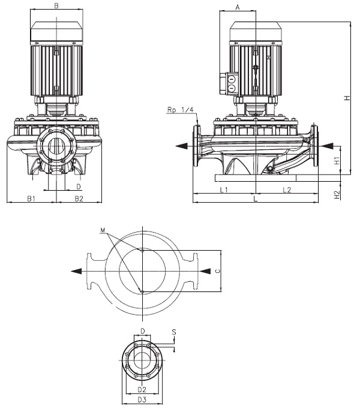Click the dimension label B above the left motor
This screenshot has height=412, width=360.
pyautogui.click(x=56, y=6)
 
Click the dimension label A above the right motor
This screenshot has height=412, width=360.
pyautogui.click(x=238, y=7)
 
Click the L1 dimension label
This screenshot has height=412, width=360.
pyautogui.click(x=223, y=190)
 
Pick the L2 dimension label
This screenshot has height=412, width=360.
pyautogui.click(x=286, y=190)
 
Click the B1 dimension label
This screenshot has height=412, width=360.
pyautogui.click(x=31, y=198)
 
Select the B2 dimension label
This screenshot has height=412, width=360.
pyautogui.click(x=78, y=198)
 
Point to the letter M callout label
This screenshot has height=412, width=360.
pyautogui.click(x=103, y=231)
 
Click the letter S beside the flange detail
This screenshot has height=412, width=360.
pyautogui.click(x=174, y=332)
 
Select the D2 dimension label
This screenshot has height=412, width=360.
pyautogui.click(x=142, y=390)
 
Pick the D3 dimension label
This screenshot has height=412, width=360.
pyautogui.click(x=142, y=399)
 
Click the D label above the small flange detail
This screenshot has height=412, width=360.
pyautogui.click(x=142, y=331)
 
